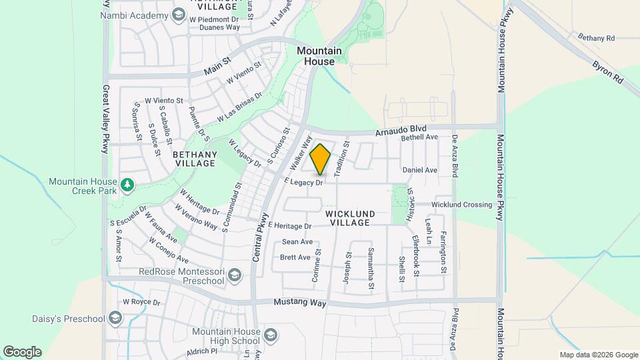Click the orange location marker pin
(321, 159)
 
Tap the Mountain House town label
(319, 56)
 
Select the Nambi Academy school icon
(178, 15)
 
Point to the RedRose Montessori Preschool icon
(234, 275)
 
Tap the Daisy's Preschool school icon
(115, 318)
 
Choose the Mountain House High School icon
(270, 335)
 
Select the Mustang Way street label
(300, 303)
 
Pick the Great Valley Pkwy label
(105, 119)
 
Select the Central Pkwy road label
(261, 235)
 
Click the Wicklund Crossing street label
(462, 205)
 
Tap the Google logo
(22, 352)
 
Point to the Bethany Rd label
(596, 37)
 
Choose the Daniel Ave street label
(420, 170)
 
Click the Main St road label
(217, 65)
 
